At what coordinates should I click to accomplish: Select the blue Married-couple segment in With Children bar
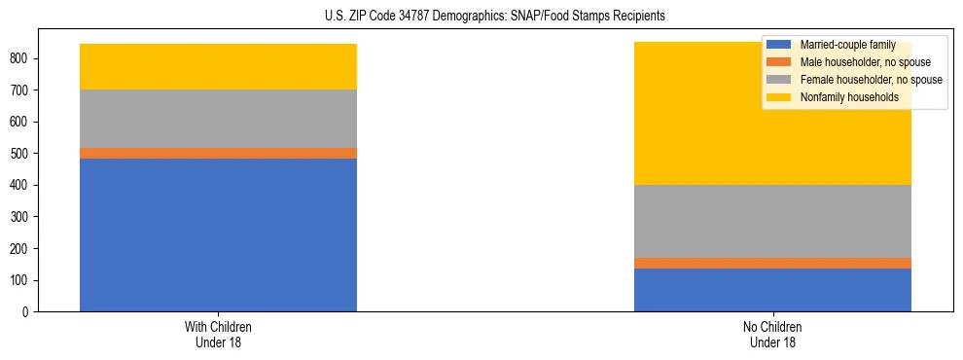click(x=218, y=234)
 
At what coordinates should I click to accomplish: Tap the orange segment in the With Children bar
click(x=218, y=153)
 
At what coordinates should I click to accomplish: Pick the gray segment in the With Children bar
click(x=218, y=119)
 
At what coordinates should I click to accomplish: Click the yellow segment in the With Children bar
click(x=218, y=66)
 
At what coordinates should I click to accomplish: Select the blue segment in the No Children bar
click(x=772, y=290)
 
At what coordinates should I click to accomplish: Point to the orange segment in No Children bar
click(x=772, y=263)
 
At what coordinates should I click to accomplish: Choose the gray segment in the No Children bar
click(x=772, y=221)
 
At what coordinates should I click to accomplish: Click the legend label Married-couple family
click(x=847, y=45)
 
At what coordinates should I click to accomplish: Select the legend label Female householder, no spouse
click(x=871, y=80)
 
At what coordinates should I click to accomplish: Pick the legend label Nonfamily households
click(x=848, y=97)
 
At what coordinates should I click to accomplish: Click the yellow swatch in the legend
click(x=779, y=97)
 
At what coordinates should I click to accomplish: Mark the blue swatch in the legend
click(x=779, y=45)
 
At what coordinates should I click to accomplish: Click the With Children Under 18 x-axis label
click(x=218, y=334)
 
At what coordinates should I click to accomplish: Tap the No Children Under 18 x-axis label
click(x=772, y=334)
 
